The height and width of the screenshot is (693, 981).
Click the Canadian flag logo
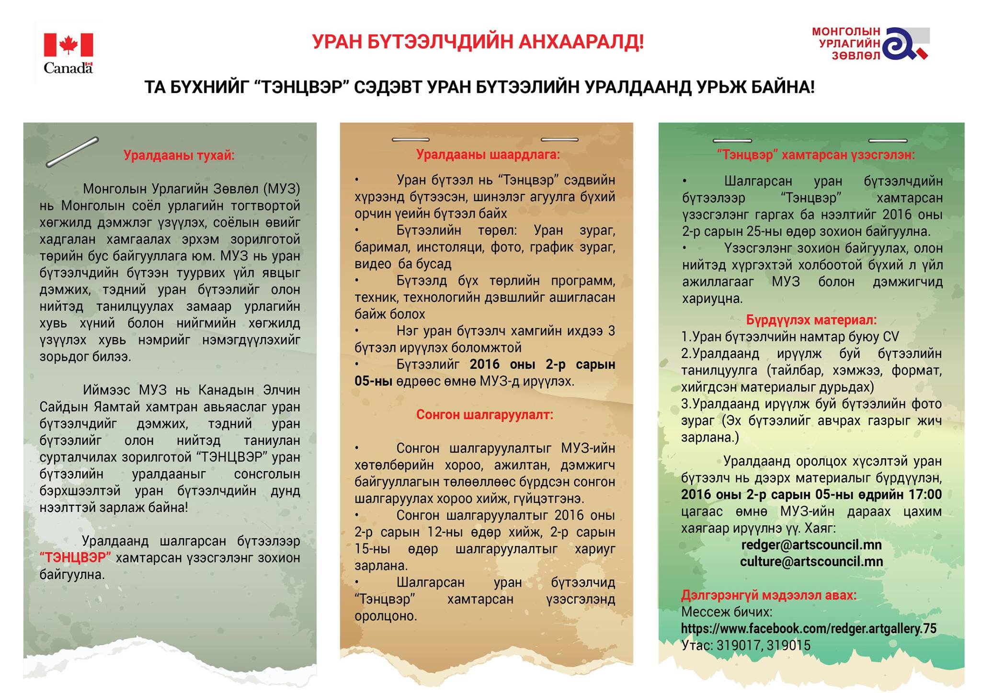68,45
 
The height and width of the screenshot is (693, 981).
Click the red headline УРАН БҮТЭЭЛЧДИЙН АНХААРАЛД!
478,42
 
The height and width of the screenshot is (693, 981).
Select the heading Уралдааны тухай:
179,155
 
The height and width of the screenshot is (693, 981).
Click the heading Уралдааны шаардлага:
488,154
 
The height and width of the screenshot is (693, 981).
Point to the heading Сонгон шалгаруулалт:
484,414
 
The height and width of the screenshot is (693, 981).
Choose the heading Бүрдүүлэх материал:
811,320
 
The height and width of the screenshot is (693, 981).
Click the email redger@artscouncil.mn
811,545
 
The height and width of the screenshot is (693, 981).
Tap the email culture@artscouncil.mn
811,561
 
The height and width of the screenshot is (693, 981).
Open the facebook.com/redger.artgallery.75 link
808,628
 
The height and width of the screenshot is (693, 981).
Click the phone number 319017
739,646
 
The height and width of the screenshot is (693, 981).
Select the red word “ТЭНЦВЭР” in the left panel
75,557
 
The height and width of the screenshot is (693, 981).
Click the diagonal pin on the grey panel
72,152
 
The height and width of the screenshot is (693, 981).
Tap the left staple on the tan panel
411,140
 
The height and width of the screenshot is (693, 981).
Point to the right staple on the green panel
888,141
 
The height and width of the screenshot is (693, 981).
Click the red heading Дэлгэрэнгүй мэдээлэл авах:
768,595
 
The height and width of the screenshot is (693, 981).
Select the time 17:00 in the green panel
924,494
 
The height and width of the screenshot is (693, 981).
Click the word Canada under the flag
68,68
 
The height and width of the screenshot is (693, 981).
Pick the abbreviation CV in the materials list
890,337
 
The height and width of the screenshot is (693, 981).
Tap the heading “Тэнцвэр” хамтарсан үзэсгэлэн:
815,155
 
